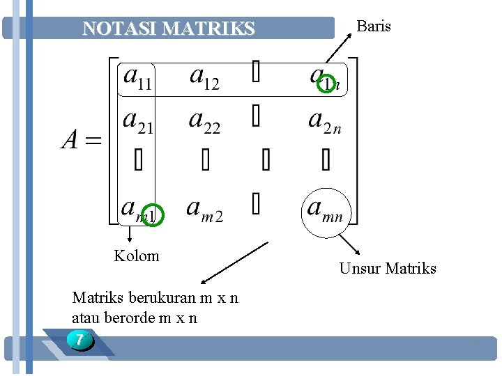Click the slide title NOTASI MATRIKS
click(x=169, y=29)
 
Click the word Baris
click(x=374, y=26)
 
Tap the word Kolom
click(x=137, y=256)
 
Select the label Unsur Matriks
click(x=388, y=268)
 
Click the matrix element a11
click(x=139, y=78)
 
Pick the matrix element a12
click(x=205, y=78)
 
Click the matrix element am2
click(x=205, y=208)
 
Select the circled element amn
click(x=325, y=208)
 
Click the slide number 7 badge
click(x=81, y=341)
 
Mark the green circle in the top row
click(x=328, y=84)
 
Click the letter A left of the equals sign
click(x=70, y=141)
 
